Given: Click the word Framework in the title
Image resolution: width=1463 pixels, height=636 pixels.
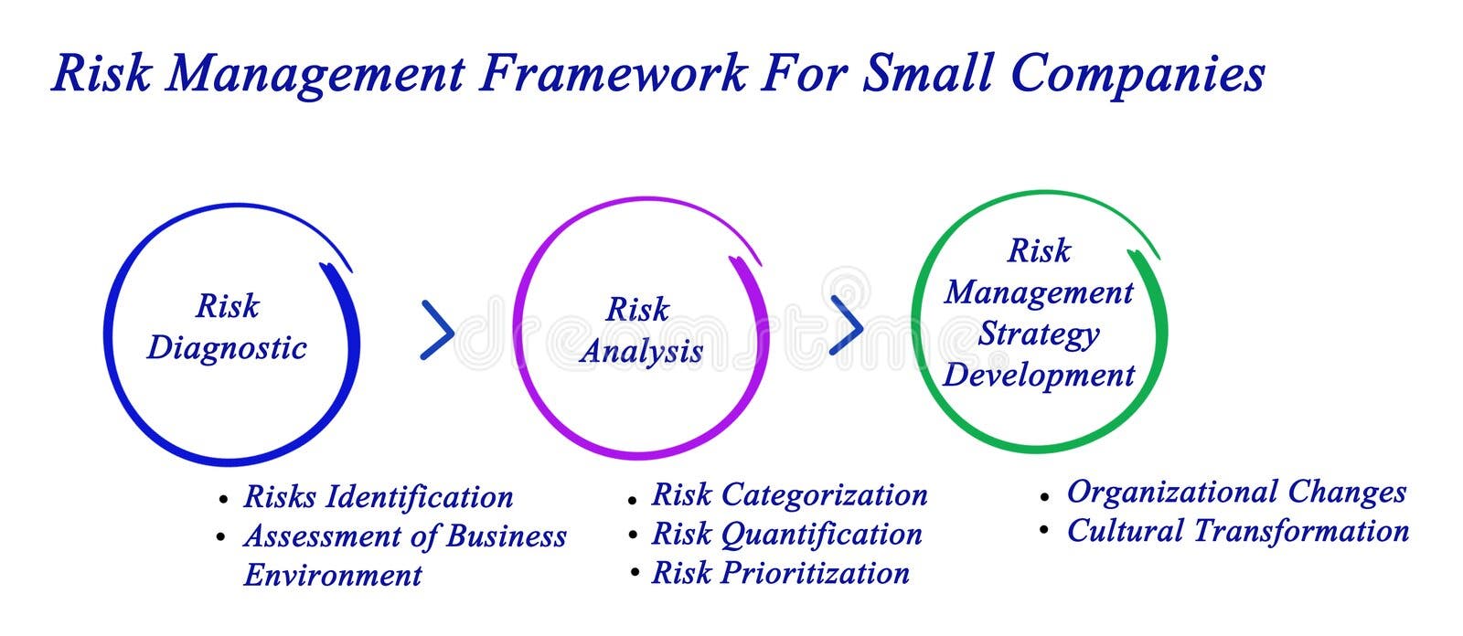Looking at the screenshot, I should pos(613,73).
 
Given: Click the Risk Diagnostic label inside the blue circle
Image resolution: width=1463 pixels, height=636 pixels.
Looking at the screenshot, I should pos(227,327).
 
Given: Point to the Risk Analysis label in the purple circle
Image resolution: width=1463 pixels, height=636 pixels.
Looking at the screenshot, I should pos(640,331).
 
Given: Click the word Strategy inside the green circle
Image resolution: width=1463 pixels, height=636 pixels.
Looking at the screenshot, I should pos(1039,334).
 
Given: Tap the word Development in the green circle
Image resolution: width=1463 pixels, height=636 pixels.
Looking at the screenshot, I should pos(1039,376).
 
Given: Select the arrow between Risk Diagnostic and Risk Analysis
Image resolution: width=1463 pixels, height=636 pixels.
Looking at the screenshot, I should pos(437,330).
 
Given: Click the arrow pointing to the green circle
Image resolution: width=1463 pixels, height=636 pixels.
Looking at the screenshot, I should pos(846,324).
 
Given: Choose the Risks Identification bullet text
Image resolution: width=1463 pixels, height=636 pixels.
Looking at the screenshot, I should pos(378,497).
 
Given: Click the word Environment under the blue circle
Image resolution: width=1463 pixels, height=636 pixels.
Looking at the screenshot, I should pos(333,576).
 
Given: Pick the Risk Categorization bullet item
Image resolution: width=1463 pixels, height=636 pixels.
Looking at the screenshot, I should pos(789,495).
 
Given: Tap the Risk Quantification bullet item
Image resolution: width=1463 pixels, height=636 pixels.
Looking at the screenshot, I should pos(786,535).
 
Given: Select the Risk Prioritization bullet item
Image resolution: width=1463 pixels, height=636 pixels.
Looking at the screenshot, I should pos(780,574).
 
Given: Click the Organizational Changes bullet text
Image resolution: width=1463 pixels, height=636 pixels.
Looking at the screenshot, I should pos(1236,493).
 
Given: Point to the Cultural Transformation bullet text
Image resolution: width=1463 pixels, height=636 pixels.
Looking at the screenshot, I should pos(1238,532).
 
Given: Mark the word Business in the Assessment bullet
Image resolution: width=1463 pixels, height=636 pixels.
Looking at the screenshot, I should pos(507,536).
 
